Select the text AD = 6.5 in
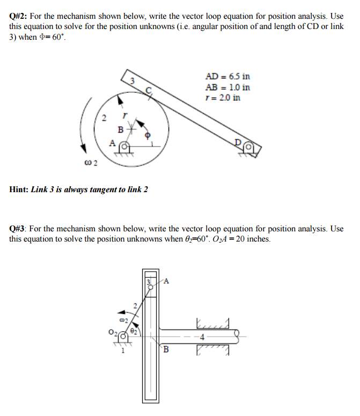coord(227,77)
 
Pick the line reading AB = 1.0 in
coord(227,87)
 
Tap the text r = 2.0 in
coord(223,98)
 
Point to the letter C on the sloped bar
coord(150,89)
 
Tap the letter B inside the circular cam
coord(121,130)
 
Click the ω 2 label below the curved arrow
coord(91,164)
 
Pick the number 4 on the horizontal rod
coord(201,337)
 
